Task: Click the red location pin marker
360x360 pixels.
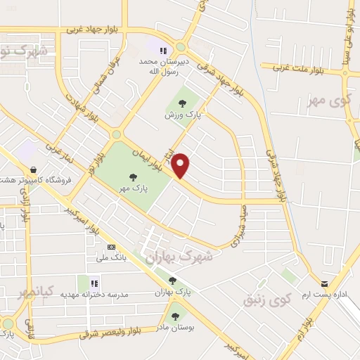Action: (181, 165)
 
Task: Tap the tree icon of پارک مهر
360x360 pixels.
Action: (134, 176)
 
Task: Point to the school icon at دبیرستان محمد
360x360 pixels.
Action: (163, 51)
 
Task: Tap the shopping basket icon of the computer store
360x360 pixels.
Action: (33, 169)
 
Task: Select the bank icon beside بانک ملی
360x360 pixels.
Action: (112, 247)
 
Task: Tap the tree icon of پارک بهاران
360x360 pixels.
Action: (172, 281)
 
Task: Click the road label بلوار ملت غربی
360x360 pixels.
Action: (305, 68)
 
